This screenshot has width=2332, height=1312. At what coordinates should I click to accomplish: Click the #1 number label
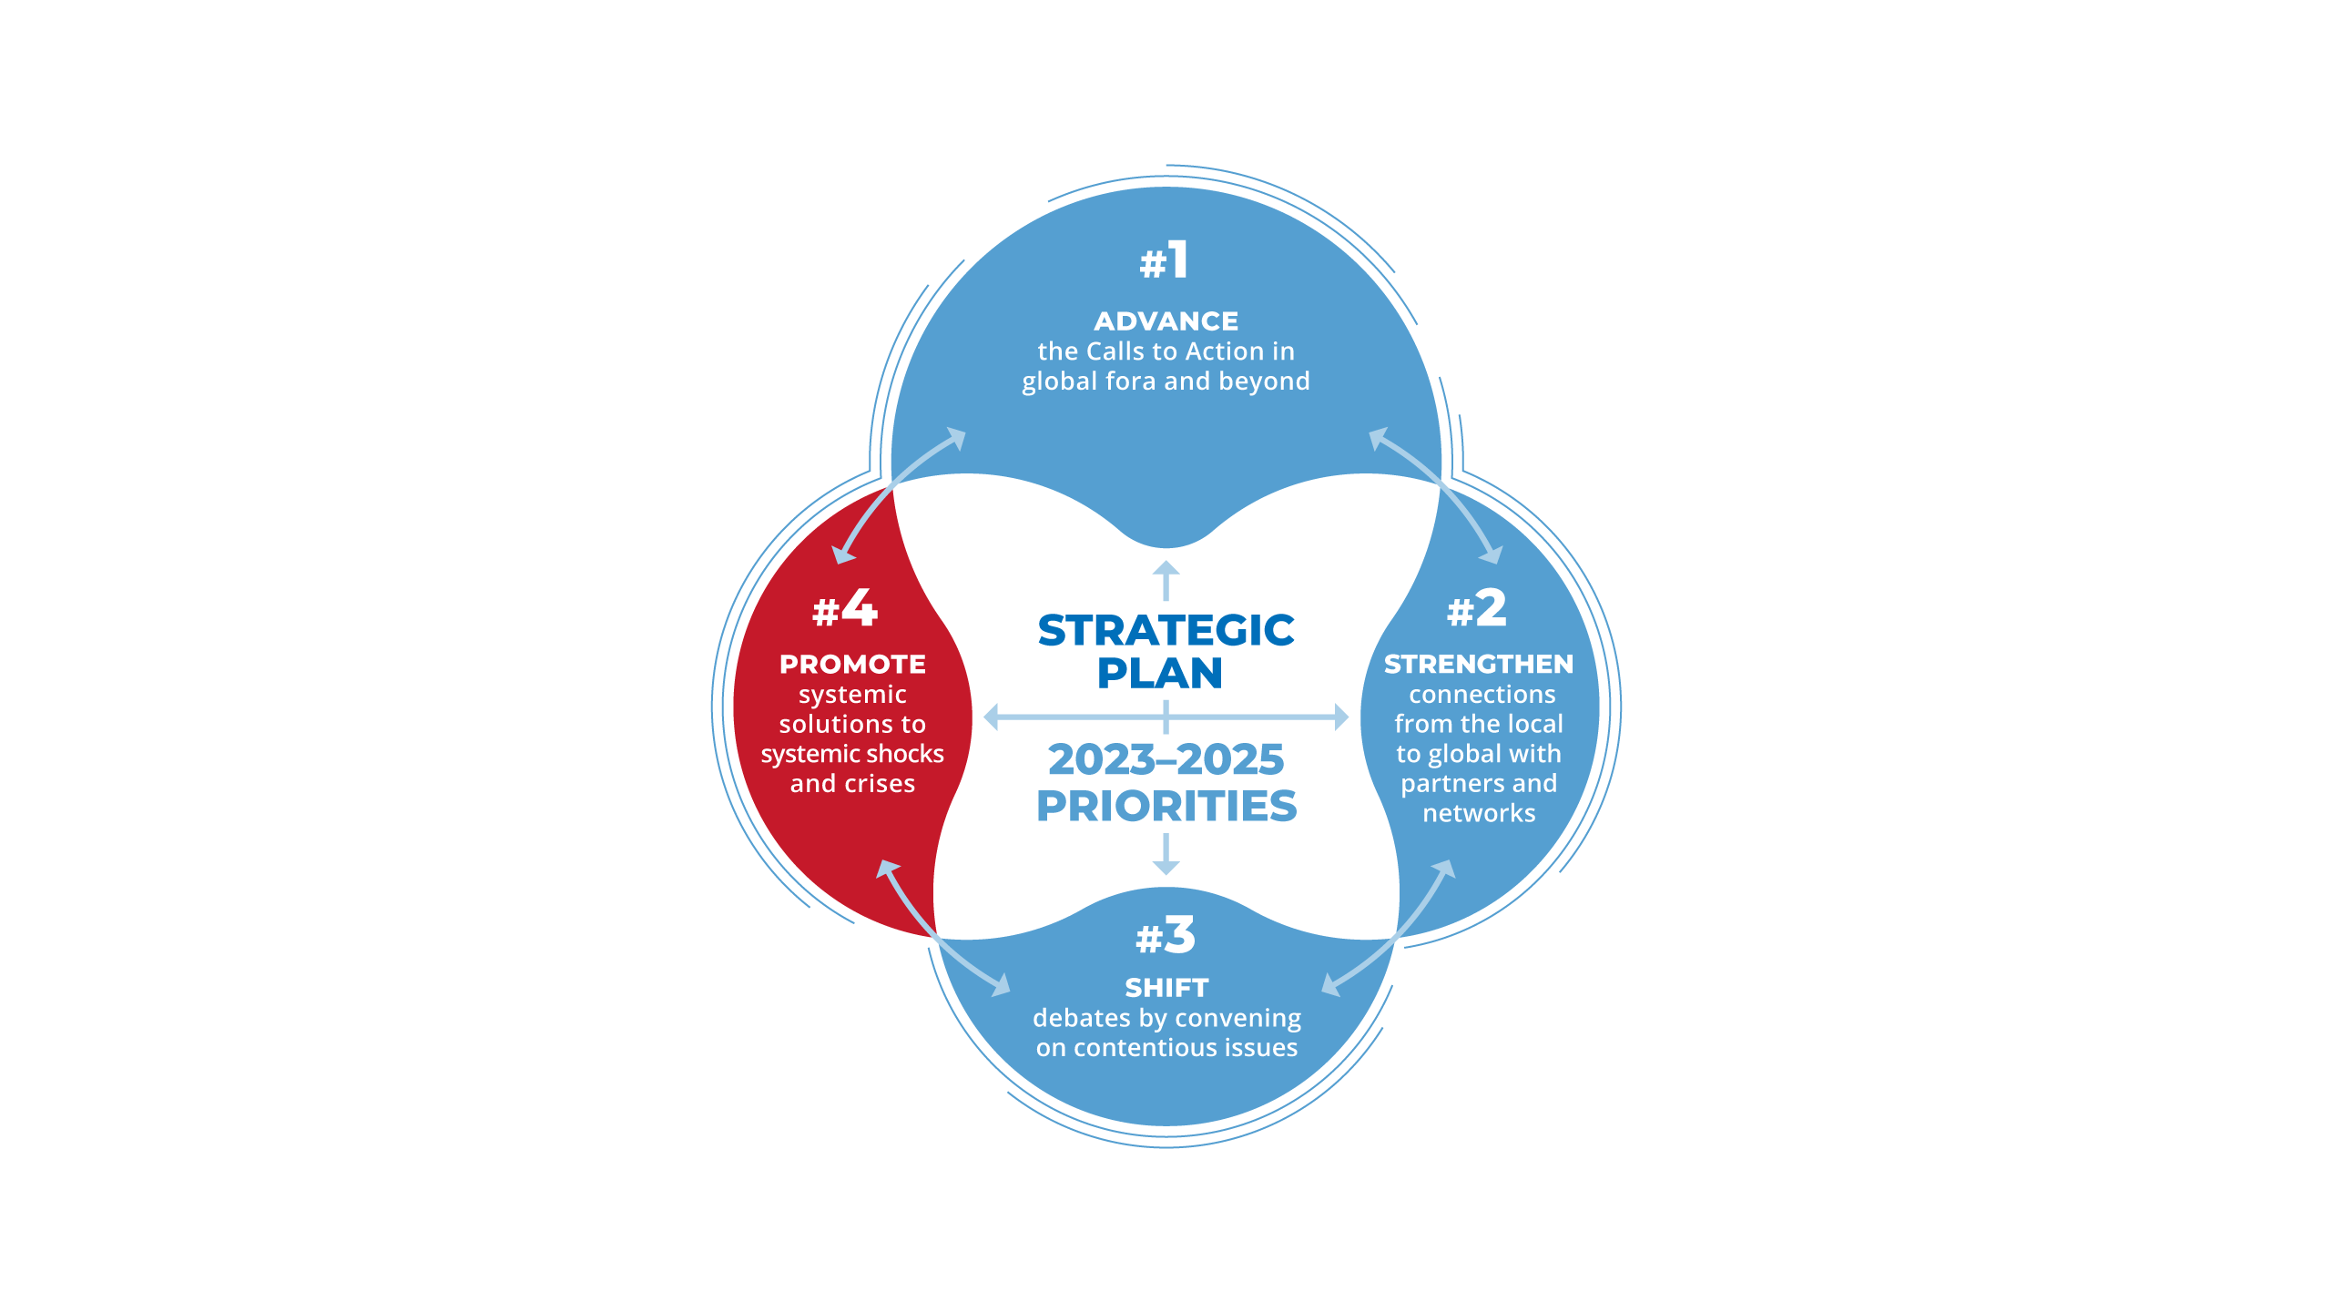pyautogui.click(x=1165, y=261)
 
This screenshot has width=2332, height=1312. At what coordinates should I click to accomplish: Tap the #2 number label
pyautogui.click(x=1477, y=608)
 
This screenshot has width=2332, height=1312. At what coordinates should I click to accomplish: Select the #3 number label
pyautogui.click(x=1166, y=936)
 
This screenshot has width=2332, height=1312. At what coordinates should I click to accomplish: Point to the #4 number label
pyautogui.click(x=845, y=608)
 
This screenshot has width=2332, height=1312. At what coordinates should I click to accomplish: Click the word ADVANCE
pyautogui.click(x=1166, y=321)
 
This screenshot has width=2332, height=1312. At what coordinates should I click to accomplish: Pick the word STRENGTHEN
pyautogui.click(x=1478, y=665)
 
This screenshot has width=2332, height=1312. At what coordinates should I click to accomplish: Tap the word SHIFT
pyautogui.click(x=1166, y=988)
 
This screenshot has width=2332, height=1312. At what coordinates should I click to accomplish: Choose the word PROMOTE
pyautogui.click(x=852, y=665)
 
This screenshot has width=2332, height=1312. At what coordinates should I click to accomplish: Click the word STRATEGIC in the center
pyautogui.click(x=1166, y=630)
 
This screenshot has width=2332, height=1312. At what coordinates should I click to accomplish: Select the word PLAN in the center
pyautogui.click(x=1159, y=674)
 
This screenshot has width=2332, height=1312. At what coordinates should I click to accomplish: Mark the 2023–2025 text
pyautogui.click(x=1166, y=759)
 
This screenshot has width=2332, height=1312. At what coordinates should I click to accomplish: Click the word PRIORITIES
pyautogui.click(x=1166, y=806)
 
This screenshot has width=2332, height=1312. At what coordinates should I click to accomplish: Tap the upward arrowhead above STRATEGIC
pyautogui.click(x=1166, y=568)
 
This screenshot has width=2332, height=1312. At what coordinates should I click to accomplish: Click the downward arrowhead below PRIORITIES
pyautogui.click(x=1166, y=868)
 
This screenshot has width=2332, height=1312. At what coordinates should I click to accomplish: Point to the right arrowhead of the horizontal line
pyautogui.click(x=1340, y=717)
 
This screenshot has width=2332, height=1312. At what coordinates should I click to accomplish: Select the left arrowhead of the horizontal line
pyautogui.click(x=992, y=717)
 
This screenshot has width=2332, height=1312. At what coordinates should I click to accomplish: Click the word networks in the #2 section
pyautogui.click(x=1479, y=813)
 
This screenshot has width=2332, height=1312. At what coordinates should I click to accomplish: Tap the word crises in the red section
pyautogui.click(x=880, y=784)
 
